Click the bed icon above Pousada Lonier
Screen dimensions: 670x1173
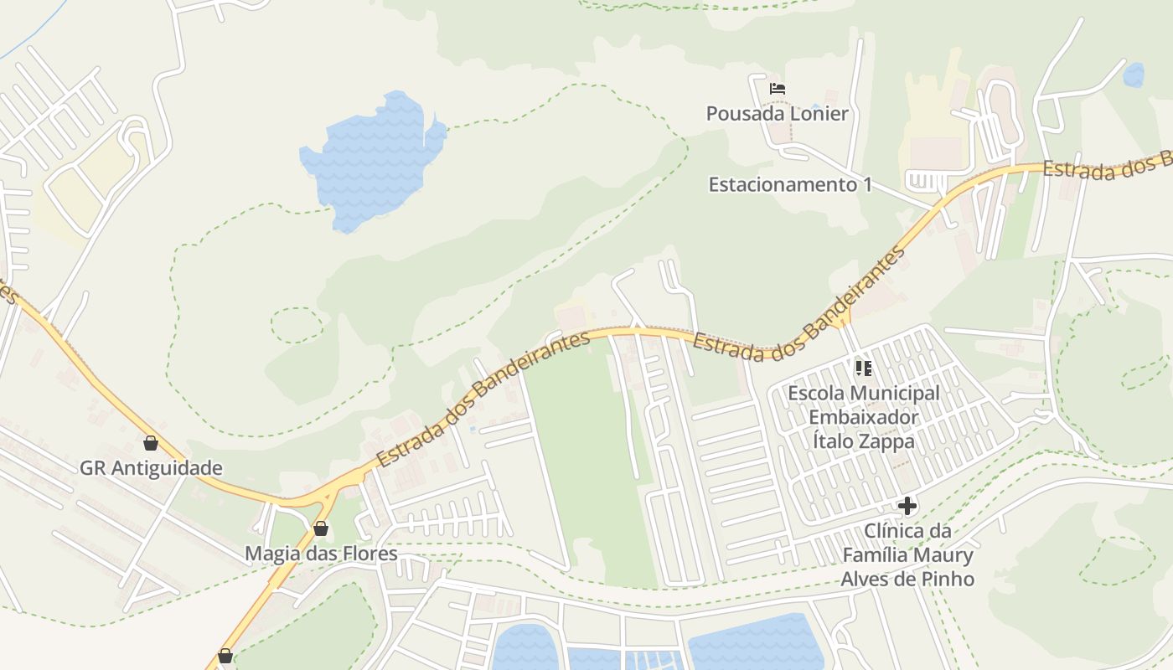[x=778, y=88]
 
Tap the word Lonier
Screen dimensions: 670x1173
[x=817, y=114]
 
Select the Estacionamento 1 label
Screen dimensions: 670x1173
[x=790, y=184]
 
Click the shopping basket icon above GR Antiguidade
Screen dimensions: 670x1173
[x=151, y=443]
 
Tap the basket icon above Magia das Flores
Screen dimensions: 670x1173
[x=320, y=528]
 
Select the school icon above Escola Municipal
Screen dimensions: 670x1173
[x=864, y=368]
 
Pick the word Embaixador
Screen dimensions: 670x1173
[x=864, y=417]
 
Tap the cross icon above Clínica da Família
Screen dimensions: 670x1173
[x=907, y=506]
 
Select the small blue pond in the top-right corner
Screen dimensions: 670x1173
[x=1133, y=75]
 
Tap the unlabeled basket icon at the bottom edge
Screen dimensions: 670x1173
[x=225, y=656]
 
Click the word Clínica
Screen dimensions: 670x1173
[x=894, y=531]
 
